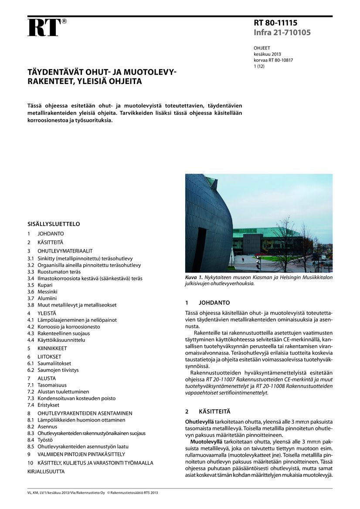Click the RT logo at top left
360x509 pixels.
pos(45,27)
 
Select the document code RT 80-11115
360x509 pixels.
pos(275,23)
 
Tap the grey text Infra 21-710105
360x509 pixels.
pos(282,32)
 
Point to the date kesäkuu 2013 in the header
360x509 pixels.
pos(267,54)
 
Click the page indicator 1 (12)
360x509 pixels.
pos(259,67)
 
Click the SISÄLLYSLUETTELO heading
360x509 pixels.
pos(54,224)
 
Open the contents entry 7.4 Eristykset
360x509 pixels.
pos(43,405)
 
